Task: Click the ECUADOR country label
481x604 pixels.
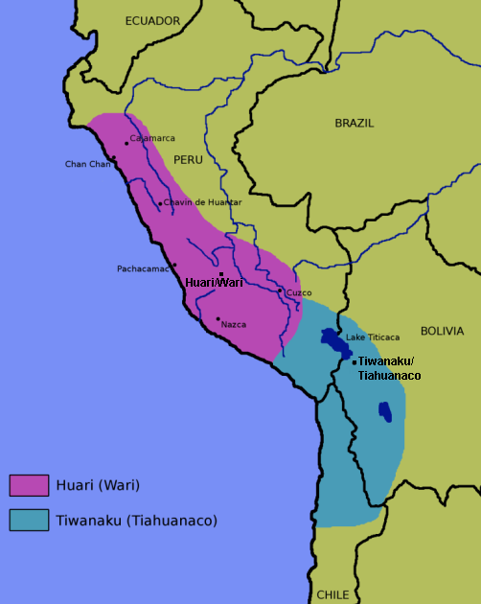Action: pos(152,20)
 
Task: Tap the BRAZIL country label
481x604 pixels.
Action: pos(355,124)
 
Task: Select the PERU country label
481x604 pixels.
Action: pos(189,159)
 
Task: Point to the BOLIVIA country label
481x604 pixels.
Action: pos(442,331)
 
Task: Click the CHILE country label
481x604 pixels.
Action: pos(333,594)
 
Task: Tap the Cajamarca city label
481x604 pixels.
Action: pos(152,138)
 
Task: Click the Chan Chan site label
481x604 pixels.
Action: pos(87,164)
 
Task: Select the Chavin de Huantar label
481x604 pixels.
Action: pos(202,202)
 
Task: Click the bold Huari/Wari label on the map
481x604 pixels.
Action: pos(214,283)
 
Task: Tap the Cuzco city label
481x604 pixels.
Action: pos(299,292)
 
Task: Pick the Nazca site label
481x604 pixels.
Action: pos(233,324)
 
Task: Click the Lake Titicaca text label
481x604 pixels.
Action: pos(373,337)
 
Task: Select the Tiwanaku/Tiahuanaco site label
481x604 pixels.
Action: pos(389,368)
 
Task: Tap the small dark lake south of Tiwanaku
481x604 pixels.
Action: pos(384,411)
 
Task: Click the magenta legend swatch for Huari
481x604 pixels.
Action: pos(29,485)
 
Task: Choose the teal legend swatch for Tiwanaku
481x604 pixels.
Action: pos(29,520)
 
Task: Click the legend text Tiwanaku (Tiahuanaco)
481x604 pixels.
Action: pos(137,521)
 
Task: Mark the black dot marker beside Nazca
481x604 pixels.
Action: pos(218,319)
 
